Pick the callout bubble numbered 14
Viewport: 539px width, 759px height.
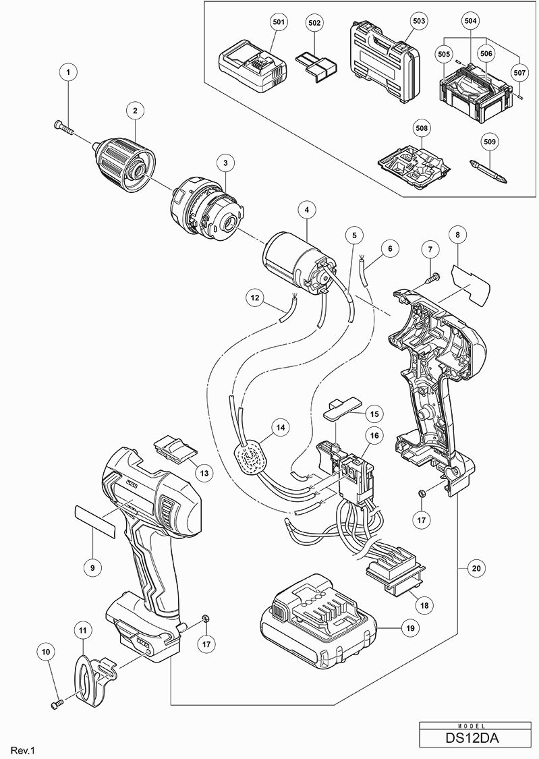point(279,427)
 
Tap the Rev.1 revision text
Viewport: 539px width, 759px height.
point(22,750)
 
